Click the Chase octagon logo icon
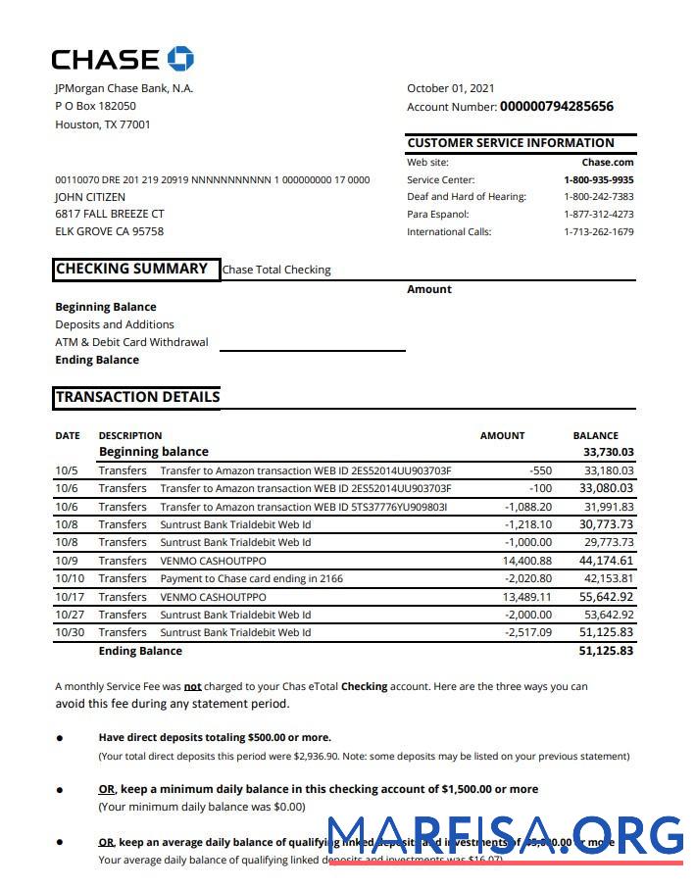click(180, 59)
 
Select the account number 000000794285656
click(556, 107)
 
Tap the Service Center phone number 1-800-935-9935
click(598, 180)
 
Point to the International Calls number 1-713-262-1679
click(598, 232)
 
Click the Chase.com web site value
click(608, 163)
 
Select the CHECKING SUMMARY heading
click(131, 269)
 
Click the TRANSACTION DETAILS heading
click(137, 397)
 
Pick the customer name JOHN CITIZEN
click(90, 197)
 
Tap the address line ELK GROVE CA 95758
click(109, 232)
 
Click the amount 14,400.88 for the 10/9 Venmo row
click(526, 561)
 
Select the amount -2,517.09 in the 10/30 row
click(527, 632)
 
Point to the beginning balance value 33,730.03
click(608, 452)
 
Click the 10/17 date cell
click(68, 597)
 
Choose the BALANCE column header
click(595, 435)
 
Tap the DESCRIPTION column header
click(130, 435)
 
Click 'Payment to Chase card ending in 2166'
click(251, 578)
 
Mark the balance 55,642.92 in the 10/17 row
click(606, 597)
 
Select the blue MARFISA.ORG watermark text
click(505, 835)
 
